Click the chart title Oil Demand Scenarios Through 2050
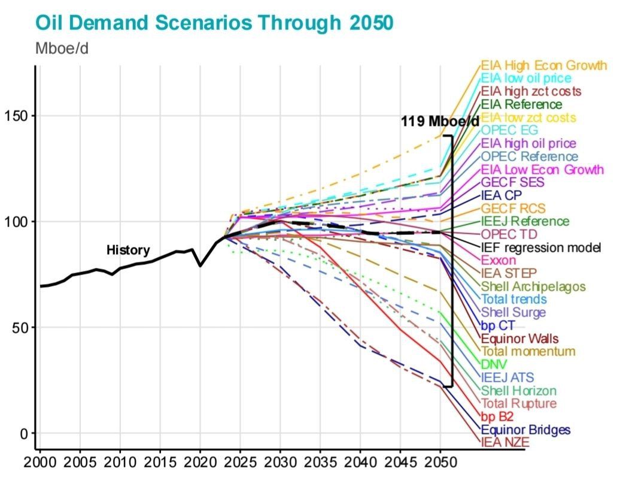[214, 22]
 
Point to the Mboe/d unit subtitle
[62, 49]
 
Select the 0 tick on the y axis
[24, 433]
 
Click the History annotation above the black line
[128, 250]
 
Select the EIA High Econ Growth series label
[543, 65]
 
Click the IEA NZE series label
[506, 443]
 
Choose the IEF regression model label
[541, 247]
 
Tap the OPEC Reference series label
[530, 156]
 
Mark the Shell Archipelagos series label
[533, 286]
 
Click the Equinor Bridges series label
[525, 430]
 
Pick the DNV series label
[494, 364]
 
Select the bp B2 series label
[497, 416]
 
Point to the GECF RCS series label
[513, 209]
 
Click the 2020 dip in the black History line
[200, 265]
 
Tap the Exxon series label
[499, 261]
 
